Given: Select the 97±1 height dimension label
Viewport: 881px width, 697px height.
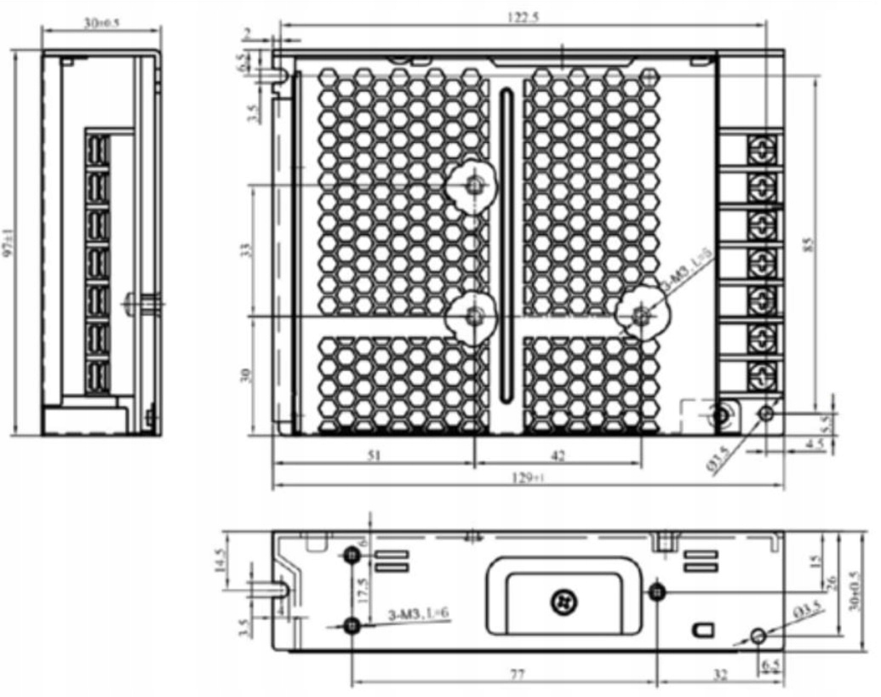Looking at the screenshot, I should [x=8, y=243].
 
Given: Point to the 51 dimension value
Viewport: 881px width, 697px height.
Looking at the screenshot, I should [x=374, y=455].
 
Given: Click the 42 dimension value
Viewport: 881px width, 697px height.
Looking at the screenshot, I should [x=558, y=455].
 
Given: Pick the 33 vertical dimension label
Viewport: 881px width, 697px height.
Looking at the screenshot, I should [x=246, y=250].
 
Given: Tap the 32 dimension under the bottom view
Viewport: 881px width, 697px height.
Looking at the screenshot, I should [x=720, y=674].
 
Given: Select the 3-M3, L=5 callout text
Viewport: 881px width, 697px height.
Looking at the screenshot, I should [x=687, y=271].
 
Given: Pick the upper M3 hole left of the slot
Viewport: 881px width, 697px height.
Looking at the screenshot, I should [x=474, y=185].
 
